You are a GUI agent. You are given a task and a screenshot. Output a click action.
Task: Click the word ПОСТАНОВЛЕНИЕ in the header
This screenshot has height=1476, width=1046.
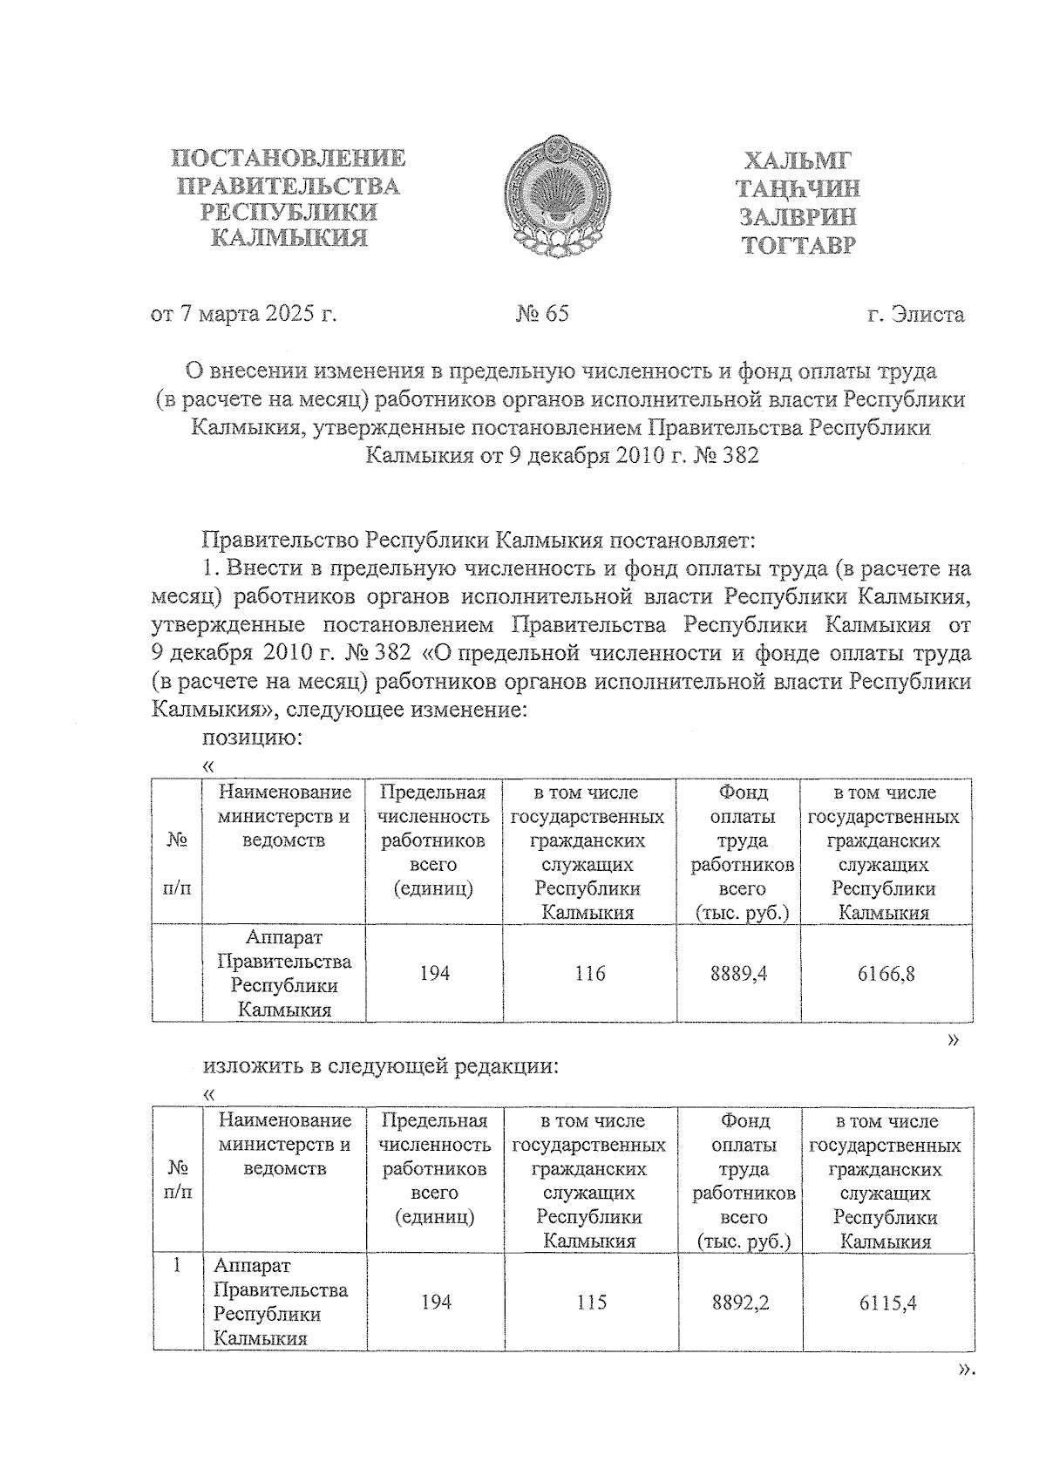click(x=289, y=158)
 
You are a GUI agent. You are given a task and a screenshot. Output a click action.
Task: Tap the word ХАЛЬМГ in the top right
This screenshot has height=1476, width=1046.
click(x=797, y=161)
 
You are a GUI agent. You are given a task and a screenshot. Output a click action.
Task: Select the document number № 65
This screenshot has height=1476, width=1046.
click(x=542, y=314)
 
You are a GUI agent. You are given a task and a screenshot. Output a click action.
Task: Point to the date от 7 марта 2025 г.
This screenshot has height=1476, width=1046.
click(x=244, y=314)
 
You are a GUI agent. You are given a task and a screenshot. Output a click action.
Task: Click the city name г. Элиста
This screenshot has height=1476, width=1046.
click(x=915, y=315)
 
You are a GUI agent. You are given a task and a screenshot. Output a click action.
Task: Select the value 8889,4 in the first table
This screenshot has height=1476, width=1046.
click(x=739, y=973)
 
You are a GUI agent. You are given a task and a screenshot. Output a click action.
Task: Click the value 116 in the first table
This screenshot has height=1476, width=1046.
click(x=590, y=973)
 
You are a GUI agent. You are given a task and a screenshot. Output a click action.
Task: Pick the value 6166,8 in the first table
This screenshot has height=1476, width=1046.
click(x=886, y=974)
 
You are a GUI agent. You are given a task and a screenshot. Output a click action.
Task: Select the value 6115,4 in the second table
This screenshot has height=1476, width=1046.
click(x=887, y=1303)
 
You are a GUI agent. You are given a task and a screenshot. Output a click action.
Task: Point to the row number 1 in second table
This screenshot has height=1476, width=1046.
click(x=177, y=1265)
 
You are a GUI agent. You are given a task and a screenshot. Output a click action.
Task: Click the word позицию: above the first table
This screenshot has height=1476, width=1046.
click(x=253, y=738)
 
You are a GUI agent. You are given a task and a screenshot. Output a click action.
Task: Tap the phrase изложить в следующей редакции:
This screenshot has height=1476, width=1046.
click(x=381, y=1066)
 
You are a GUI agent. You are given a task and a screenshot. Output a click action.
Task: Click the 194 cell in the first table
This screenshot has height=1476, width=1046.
click(x=434, y=973)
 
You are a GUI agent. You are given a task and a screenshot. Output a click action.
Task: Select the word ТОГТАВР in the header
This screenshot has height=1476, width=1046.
click(x=798, y=245)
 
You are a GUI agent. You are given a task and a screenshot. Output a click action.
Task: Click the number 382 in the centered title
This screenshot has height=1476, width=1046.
click(x=740, y=455)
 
